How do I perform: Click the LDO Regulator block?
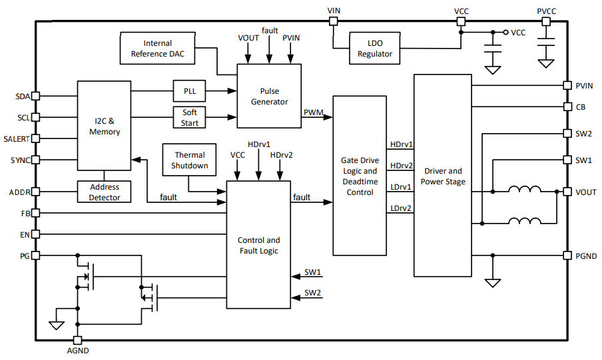point(375,48)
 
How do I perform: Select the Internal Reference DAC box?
point(158,48)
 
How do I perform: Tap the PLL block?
point(190,91)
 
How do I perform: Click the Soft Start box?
point(190,118)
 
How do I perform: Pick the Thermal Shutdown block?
point(190,160)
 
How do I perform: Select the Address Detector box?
point(105,192)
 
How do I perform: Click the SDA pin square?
point(36,96)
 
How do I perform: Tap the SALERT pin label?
point(17,139)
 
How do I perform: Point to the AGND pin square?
point(78,339)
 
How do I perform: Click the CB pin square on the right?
point(567,106)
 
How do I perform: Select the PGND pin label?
point(586,256)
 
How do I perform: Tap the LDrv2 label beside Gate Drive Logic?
point(400,208)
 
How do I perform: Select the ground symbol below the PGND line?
point(493,282)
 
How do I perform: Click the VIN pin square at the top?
point(334,21)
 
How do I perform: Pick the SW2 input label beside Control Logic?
point(313,293)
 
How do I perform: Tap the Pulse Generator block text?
point(269,96)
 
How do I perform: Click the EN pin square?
point(36,235)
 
